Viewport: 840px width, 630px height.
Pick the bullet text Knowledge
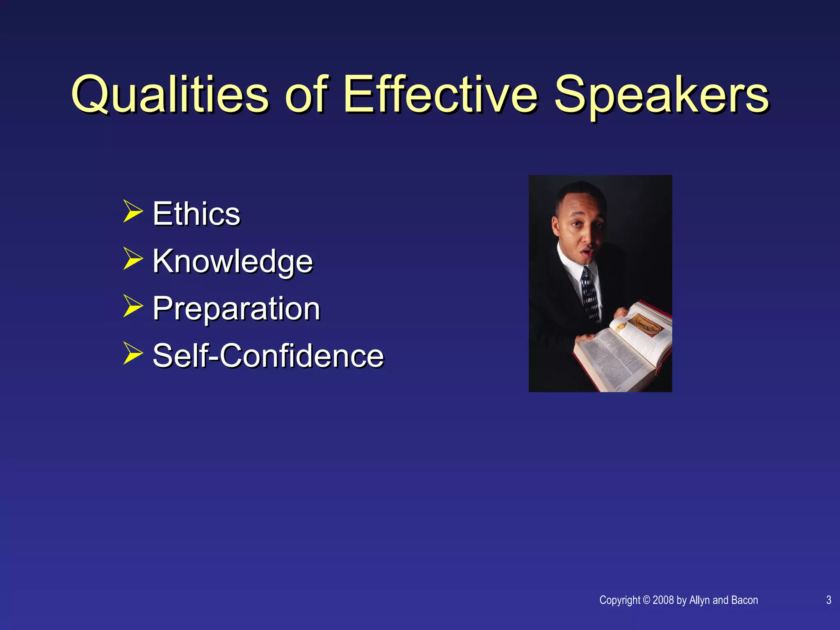click(233, 261)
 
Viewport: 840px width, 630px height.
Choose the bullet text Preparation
click(236, 308)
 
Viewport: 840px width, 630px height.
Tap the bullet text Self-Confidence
click(268, 355)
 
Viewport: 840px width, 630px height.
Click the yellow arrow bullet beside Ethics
click(133, 212)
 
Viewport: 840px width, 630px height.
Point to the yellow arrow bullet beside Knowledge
click(133, 259)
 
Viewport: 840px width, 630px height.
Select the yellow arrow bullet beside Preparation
click(133, 306)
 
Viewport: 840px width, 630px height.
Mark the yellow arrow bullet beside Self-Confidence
click(133, 354)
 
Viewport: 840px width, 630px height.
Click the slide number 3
click(829, 600)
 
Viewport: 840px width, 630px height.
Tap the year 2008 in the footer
click(663, 600)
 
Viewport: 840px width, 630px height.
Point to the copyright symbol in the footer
click(646, 600)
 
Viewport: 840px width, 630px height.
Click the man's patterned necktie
click(590, 293)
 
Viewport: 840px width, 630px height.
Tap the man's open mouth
click(588, 251)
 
